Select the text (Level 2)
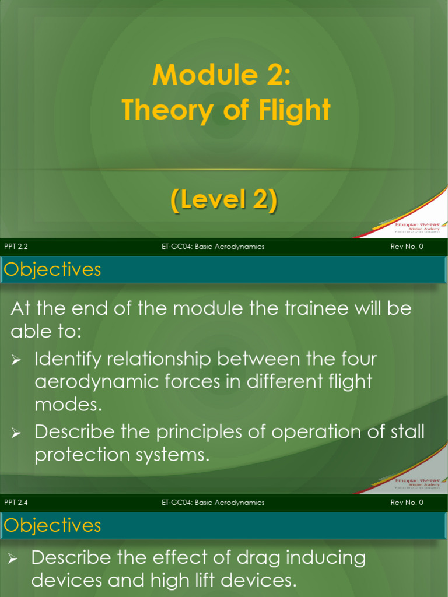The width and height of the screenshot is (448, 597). [x=223, y=201]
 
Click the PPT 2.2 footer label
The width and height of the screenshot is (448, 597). [x=16, y=247]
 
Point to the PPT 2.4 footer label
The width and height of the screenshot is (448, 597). [x=16, y=503]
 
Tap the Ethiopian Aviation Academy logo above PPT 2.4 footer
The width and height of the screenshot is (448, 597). [x=416, y=483]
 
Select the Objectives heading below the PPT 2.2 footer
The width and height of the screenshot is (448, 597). [x=52, y=269]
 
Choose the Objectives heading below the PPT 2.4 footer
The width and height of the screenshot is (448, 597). [x=52, y=525]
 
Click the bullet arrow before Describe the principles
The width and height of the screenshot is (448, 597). [x=16, y=433]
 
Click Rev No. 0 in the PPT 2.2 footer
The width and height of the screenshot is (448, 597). [x=407, y=247]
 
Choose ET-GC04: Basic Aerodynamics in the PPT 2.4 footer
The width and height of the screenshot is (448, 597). [x=213, y=503]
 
